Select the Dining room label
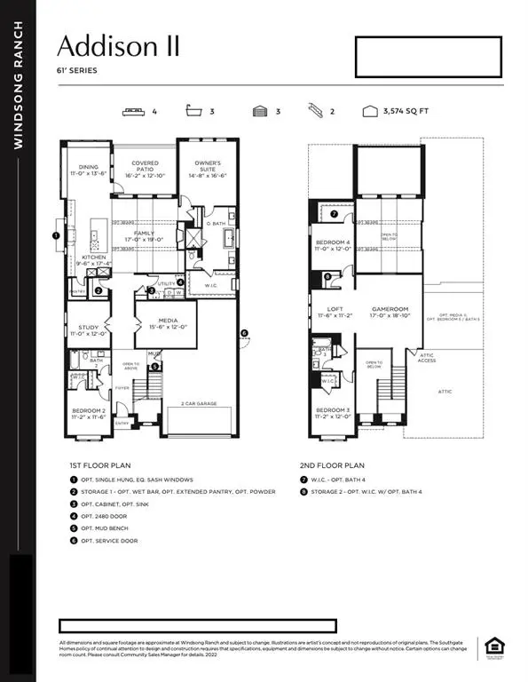point(88,169)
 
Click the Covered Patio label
point(145,168)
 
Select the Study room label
point(87,329)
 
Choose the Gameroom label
point(390,311)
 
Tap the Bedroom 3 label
point(334,412)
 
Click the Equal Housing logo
point(493,648)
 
